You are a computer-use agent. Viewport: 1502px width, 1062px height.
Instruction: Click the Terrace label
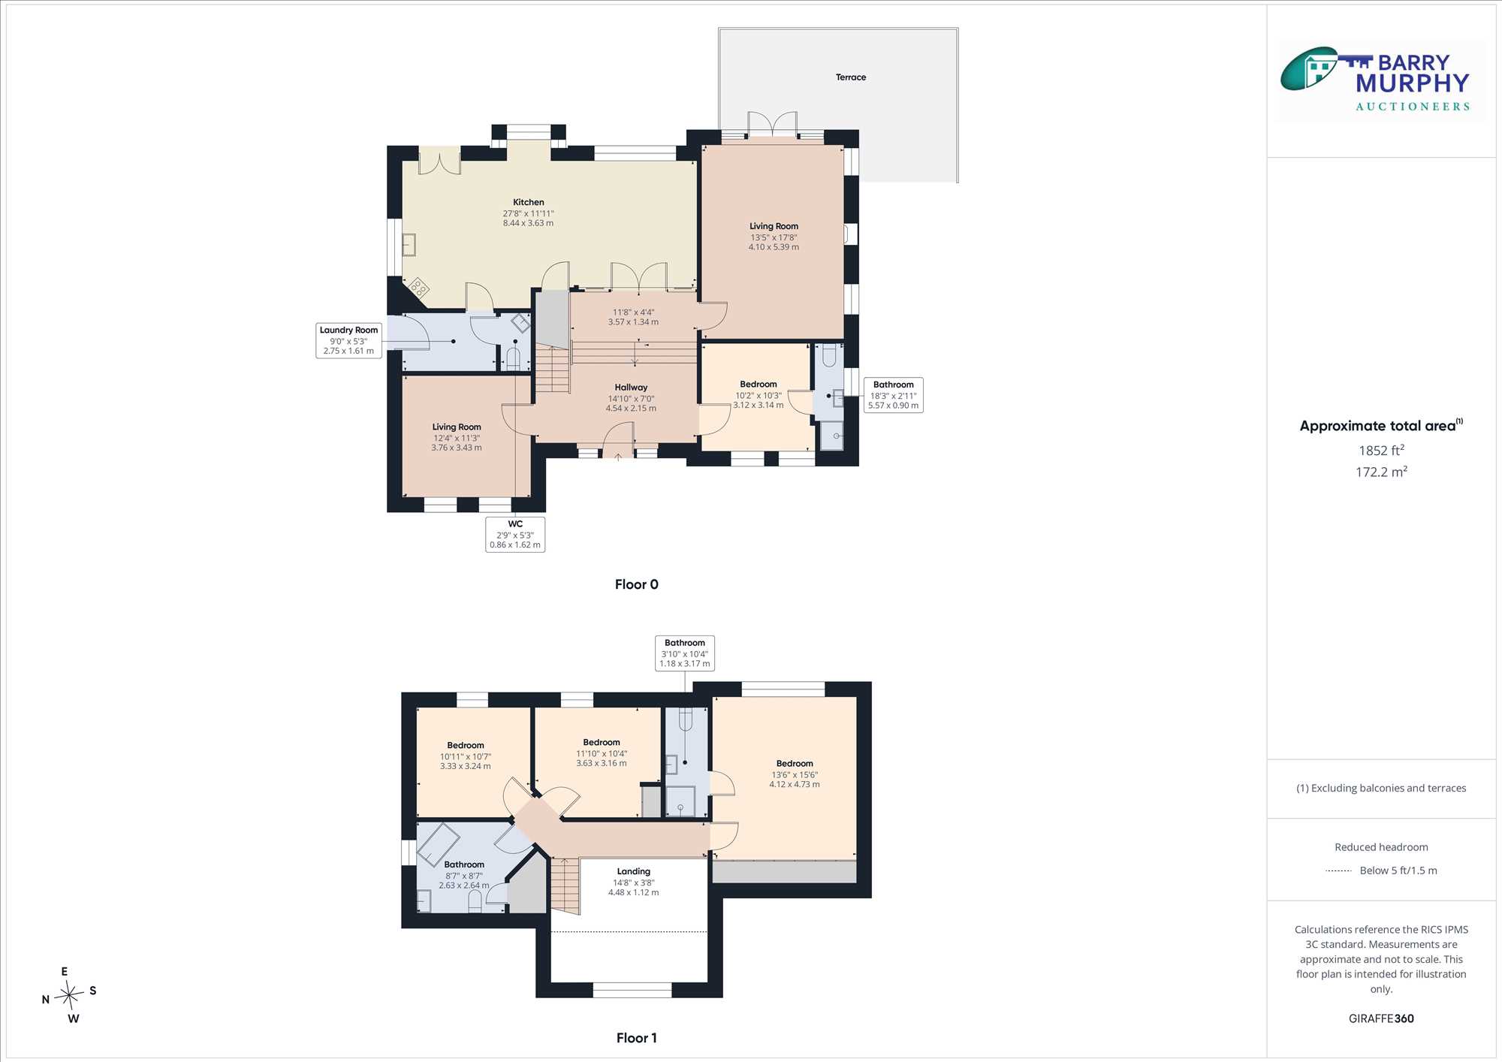point(851,77)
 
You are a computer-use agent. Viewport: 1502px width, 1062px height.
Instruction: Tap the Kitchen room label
point(529,202)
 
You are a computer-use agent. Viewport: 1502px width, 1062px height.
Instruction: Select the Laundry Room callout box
point(348,340)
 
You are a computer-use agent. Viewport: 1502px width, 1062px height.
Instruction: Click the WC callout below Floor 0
point(515,534)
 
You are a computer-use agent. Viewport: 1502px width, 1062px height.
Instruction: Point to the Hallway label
point(631,388)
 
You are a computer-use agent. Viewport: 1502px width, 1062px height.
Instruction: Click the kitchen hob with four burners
point(418,287)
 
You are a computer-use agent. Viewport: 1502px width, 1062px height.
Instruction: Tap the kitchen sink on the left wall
point(409,245)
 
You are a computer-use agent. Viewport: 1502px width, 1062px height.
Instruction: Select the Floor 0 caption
point(637,584)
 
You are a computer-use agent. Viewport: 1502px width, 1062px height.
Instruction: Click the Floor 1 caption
point(637,1038)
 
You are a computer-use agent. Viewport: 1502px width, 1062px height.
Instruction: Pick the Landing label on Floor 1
point(634,871)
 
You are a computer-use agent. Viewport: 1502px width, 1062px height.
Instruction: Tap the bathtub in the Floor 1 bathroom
point(439,844)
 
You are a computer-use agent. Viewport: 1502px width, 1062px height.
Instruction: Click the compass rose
point(69,996)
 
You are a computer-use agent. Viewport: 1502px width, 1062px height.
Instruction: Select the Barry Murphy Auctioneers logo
point(1382,80)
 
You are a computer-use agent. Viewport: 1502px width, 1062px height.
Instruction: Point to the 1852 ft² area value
point(1381,451)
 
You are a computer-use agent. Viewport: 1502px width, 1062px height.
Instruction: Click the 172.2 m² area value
point(1381,472)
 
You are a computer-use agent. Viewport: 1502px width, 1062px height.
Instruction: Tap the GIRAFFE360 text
point(1381,1018)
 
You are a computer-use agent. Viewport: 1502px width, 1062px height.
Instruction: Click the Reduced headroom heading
point(1381,847)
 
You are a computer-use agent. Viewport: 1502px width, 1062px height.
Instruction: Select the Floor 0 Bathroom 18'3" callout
point(893,395)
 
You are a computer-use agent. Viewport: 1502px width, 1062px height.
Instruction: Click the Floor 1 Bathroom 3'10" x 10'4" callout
point(685,653)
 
